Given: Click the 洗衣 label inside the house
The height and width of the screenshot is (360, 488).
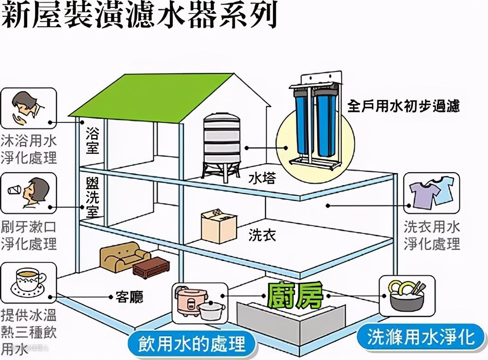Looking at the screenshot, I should [262, 235].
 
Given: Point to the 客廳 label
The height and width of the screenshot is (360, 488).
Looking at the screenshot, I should [129, 297].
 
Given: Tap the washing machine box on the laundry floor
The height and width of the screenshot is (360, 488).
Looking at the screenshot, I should [218, 226].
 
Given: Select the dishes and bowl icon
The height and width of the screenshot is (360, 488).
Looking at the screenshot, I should [407, 296].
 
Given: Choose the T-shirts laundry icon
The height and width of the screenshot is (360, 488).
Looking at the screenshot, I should [431, 193].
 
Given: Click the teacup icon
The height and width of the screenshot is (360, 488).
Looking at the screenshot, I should [28, 281].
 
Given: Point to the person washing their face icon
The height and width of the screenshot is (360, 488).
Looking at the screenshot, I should [28, 109].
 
